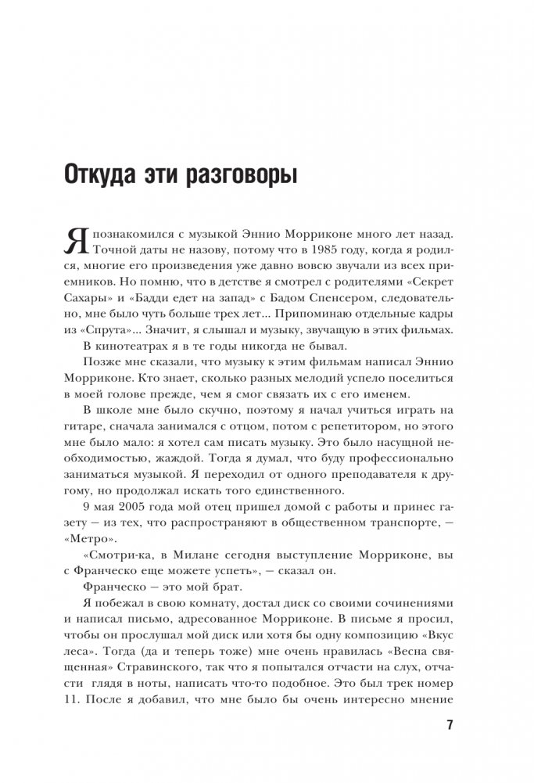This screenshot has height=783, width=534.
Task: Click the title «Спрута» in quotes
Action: click(109, 331)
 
